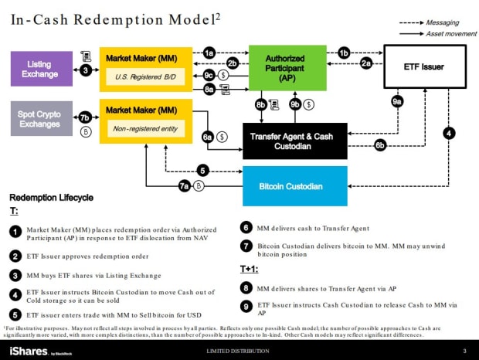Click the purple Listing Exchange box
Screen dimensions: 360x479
point(39,69)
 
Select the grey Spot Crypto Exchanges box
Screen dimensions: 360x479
point(39,119)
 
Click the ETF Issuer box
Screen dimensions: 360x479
point(424,67)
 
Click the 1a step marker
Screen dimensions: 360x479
point(209,53)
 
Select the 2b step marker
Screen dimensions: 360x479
point(232,63)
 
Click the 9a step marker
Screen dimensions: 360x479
point(397,100)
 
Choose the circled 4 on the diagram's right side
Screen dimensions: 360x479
point(449,133)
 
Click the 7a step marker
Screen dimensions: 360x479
point(184,185)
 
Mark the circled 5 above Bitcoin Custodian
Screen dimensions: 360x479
point(202,170)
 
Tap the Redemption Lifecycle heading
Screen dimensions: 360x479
point(51,198)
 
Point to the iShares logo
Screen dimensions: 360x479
point(27,351)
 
